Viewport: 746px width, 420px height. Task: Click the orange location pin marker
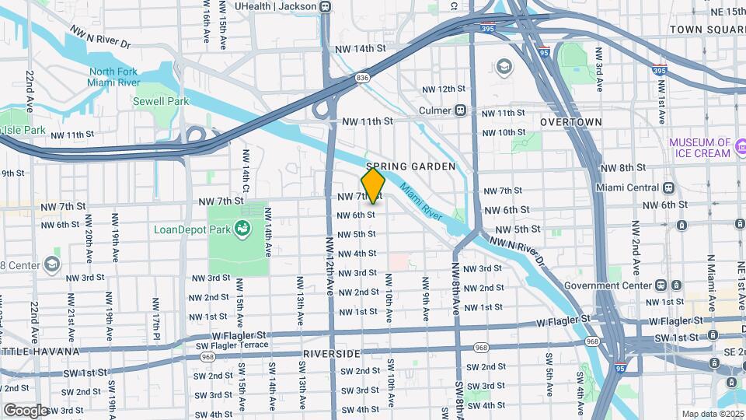click(x=374, y=186)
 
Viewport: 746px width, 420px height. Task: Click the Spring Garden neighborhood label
click(x=399, y=166)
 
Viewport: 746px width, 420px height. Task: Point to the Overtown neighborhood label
click(x=571, y=122)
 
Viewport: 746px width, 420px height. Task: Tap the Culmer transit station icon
click(x=461, y=110)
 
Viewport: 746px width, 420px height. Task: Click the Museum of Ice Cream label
click(x=700, y=148)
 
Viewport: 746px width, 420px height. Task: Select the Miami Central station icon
click(x=668, y=187)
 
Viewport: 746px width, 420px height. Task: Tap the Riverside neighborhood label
click(x=332, y=354)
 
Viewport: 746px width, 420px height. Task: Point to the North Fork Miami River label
click(x=113, y=77)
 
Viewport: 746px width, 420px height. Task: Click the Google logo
click(x=25, y=410)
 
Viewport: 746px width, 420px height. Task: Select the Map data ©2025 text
click(x=713, y=414)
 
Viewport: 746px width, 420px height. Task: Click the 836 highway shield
click(x=363, y=78)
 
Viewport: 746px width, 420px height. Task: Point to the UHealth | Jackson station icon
click(x=325, y=7)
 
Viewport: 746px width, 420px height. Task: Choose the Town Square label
click(x=707, y=29)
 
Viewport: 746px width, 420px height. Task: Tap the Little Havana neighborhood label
click(x=39, y=352)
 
